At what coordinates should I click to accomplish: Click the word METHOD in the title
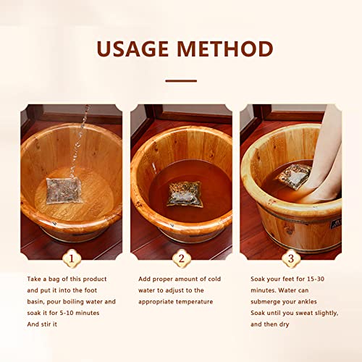click(x=230, y=49)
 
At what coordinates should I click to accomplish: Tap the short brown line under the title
click(x=181, y=80)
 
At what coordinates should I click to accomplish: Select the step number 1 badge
click(x=71, y=257)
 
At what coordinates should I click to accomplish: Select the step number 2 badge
click(x=181, y=257)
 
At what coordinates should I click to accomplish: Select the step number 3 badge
click(x=291, y=257)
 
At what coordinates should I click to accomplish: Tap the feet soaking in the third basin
click(x=323, y=159)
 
